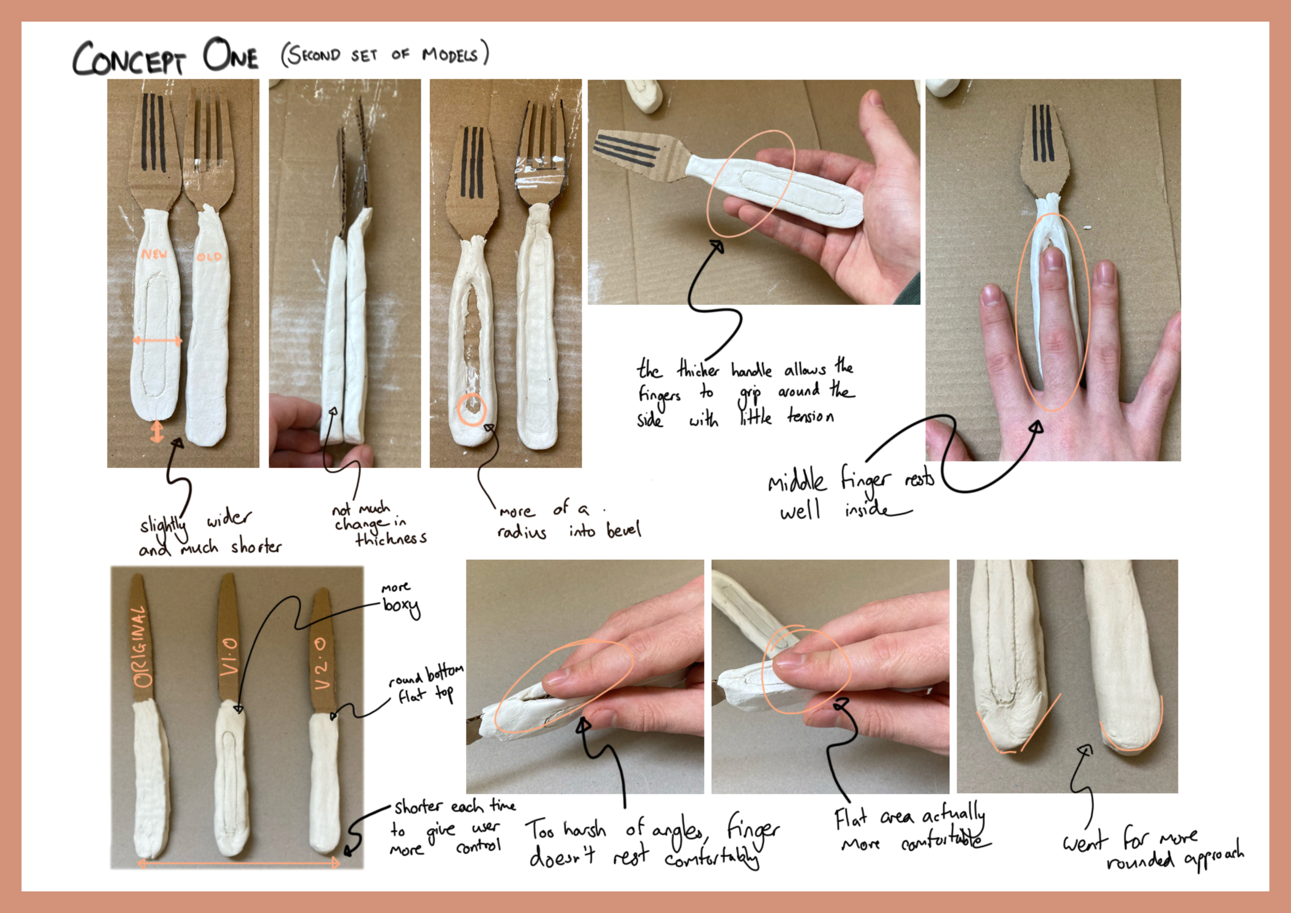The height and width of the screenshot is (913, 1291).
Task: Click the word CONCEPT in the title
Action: pyautogui.click(x=129, y=58)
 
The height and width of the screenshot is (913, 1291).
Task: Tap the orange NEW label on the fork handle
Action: pyautogui.click(x=154, y=254)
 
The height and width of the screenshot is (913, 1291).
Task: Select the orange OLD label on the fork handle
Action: pyautogui.click(x=209, y=256)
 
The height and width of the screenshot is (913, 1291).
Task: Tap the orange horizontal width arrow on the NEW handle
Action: pyautogui.click(x=158, y=341)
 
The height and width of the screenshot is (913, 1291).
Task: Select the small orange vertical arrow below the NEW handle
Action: pyautogui.click(x=157, y=432)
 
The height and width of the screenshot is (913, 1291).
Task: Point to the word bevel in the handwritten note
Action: pyautogui.click(x=623, y=530)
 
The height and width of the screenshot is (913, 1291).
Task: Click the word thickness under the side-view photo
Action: pyautogui.click(x=391, y=539)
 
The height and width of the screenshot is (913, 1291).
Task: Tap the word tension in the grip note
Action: pyautogui.click(x=810, y=416)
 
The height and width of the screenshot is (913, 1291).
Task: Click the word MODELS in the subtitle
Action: pyautogui.click(x=450, y=55)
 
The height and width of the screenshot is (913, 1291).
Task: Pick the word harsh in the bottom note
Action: pyautogui.click(x=585, y=830)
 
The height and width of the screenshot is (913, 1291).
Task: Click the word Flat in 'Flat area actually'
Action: pyautogui.click(x=851, y=818)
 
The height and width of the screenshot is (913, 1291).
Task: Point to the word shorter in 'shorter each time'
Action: pyautogui.click(x=418, y=807)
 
